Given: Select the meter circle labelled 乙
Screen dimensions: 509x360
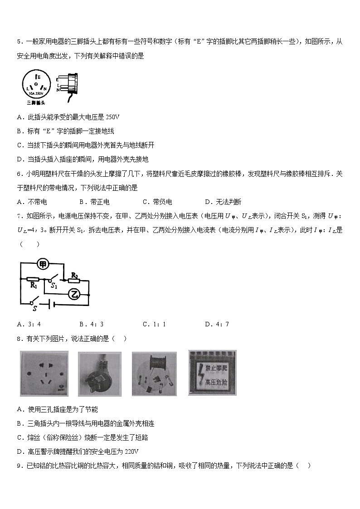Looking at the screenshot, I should coord(75,295).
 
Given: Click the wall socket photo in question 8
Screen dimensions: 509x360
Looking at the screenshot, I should coord(44,374).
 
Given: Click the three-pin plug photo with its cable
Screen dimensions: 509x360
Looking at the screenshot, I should coord(100,374).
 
